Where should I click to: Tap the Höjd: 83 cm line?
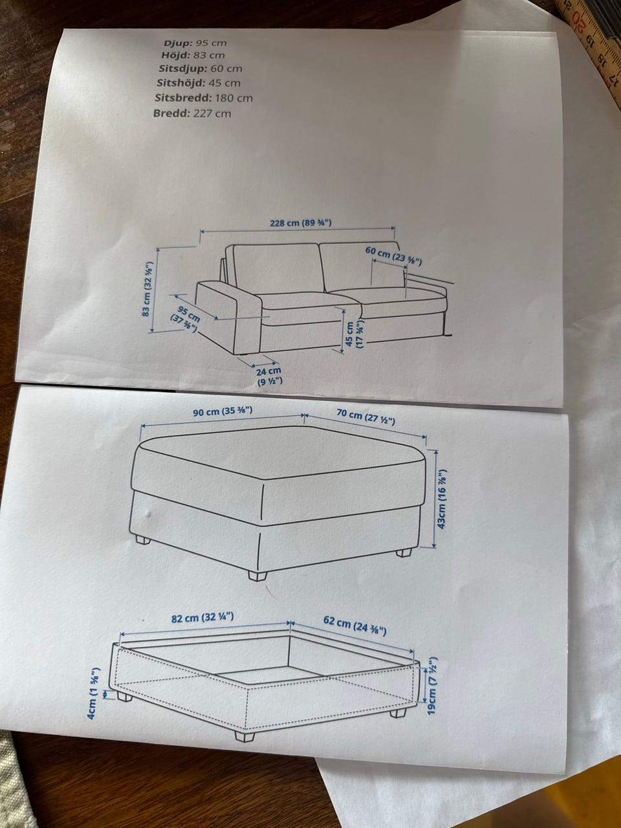pyautogui.click(x=193, y=56)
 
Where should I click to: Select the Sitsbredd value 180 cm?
pyautogui.click(x=234, y=98)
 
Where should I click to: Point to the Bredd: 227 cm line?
pyautogui.click(x=192, y=113)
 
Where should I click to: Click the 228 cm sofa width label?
pyautogui.click(x=301, y=223)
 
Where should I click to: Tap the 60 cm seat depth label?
pyautogui.click(x=393, y=256)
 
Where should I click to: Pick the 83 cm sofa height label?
pyautogui.click(x=147, y=289)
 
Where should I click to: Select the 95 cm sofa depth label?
pyautogui.click(x=186, y=319)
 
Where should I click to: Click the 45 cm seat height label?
pyautogui.click(x=354, y=334)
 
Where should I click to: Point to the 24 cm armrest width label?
pyautogui.click(x=270, y=376)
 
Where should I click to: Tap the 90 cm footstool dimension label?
pyautogui.click(x=223, y=411)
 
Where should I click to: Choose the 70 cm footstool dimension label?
pyautogui.click(x=365, y=417)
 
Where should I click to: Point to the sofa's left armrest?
pyautogui.click(x=229, y=317)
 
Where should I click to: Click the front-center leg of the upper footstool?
pyautogui.click(x=258, y=576)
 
